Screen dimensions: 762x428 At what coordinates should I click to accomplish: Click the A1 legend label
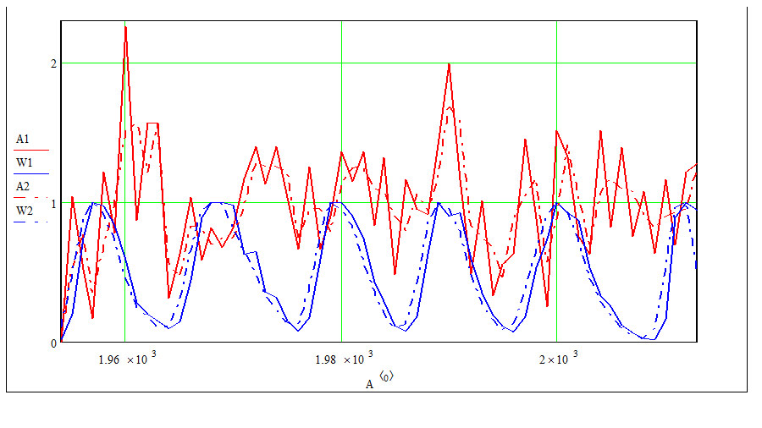(x=22, y=140)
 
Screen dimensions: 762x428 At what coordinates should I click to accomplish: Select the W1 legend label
(x=24, y=162)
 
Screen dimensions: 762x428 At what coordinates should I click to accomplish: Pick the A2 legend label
(x=22, y=186)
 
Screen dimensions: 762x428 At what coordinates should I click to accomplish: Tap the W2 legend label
(x=24, y=211)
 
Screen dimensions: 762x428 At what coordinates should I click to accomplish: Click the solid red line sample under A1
(x=31, y=151)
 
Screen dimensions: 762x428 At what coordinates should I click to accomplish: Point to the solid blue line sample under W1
(x=31, y=173)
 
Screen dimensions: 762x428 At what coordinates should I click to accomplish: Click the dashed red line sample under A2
(x=31, y=197)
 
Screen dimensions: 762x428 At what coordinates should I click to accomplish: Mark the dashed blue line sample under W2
(x=31, y=222)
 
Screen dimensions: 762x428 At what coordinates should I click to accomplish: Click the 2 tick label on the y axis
(x=53, y=63)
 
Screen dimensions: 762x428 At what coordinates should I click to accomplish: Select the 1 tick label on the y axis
(x=53, y=203)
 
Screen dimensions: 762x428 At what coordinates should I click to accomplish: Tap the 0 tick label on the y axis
(x=53, y=343)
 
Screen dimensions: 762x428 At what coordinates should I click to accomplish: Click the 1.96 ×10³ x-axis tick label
(x=127, y=358)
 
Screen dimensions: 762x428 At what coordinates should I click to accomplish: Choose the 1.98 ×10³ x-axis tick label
(x=344, y=358)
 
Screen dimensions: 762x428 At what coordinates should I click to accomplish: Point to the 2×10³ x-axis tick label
(x=559, y=358)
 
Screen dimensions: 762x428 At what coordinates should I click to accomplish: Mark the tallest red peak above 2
(x=125, y=27)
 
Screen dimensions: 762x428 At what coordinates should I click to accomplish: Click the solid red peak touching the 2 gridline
(x=449, y=63)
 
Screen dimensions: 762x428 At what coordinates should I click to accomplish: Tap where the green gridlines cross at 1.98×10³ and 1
(x=342, y=203)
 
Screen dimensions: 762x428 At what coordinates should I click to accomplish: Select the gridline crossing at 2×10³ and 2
(x=556, y=63)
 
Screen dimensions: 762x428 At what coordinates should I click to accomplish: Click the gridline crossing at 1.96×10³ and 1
(x=125, y=203)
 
